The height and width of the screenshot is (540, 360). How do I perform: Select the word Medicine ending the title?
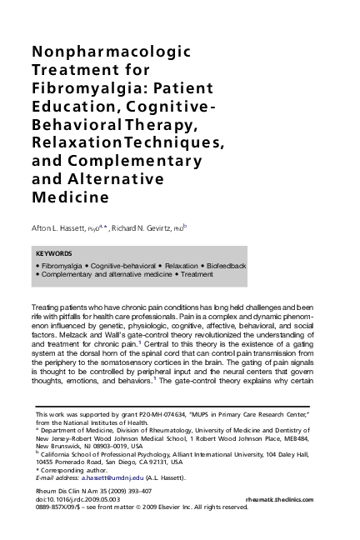tap(70, 197)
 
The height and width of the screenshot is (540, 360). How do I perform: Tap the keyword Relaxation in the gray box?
tap(178, 265)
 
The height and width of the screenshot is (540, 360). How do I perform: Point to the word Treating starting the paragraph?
tap(46, 308)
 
